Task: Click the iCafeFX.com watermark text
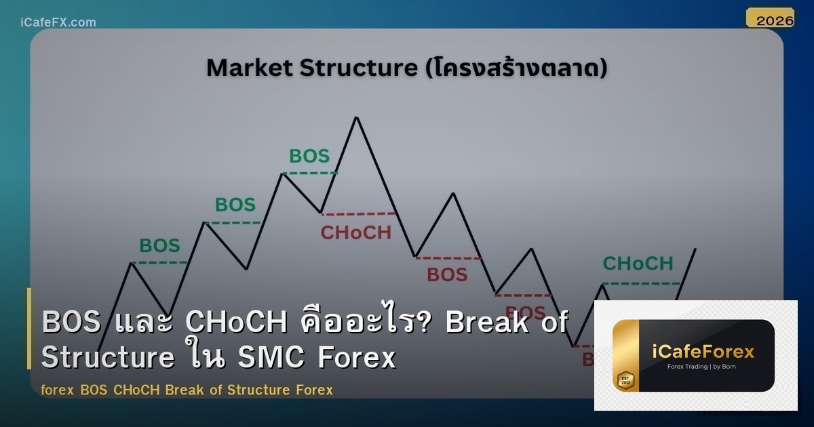tap(58, 22)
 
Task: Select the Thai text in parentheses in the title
tap(515, 68)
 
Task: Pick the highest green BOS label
tap(309, 157)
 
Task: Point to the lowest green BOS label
tap(159, 245)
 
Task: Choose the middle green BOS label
tap(235, 205)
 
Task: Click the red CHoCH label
tap(356, 233)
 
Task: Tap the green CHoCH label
tap(638, 263)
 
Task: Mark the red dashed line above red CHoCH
tap(358, 214)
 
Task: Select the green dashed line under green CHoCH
tap(641, 283)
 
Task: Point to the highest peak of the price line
tap(356, 118)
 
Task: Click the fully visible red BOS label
tap(447, 274)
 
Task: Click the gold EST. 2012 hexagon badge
tap(625, 380)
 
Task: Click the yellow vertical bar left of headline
tap(29, 329)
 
